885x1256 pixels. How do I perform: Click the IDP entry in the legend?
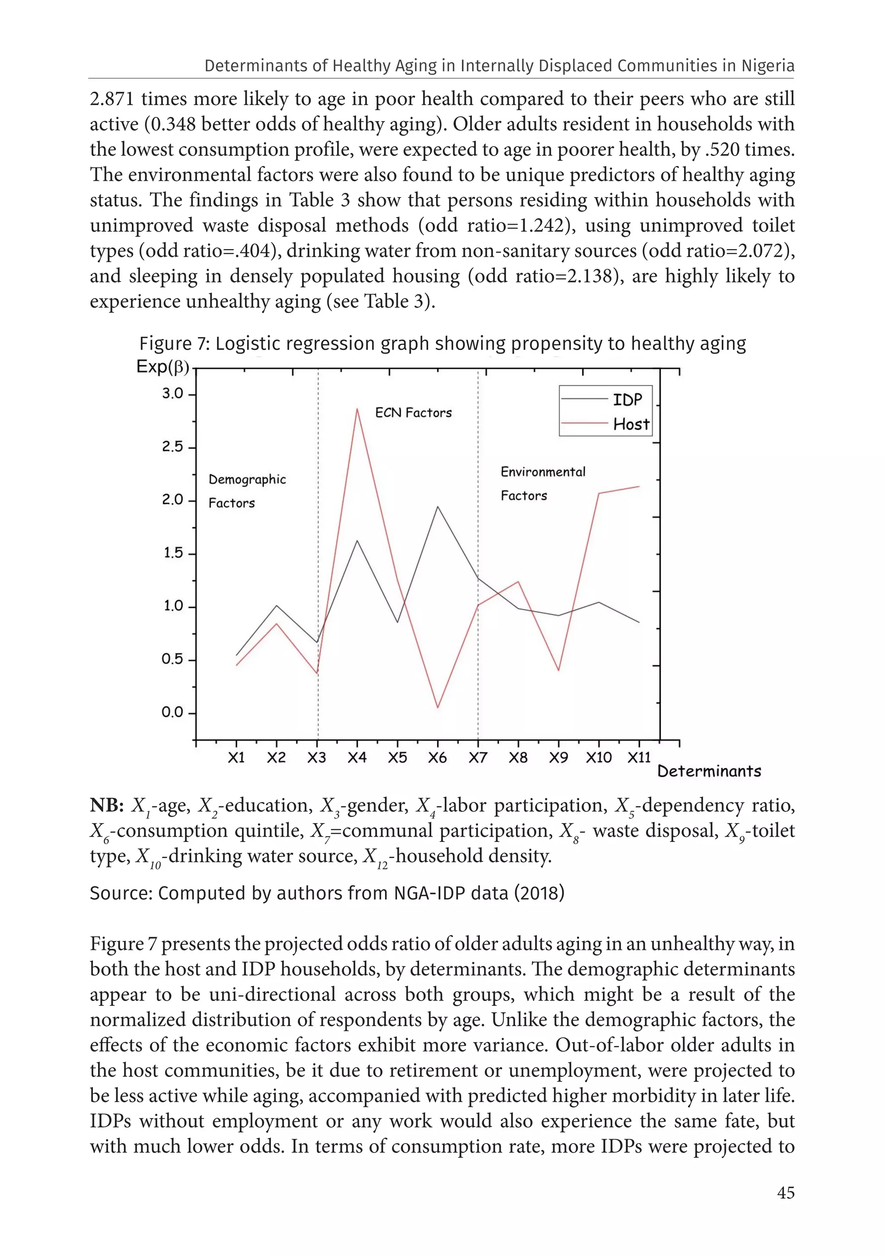627,400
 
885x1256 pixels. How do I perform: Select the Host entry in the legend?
630,424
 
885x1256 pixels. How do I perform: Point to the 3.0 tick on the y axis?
173,394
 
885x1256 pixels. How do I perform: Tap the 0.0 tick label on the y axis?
173,712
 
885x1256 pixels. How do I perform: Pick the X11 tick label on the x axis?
639,758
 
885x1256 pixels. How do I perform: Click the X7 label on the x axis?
478,758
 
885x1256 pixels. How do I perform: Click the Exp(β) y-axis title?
162,367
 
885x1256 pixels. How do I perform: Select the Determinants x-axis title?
709,771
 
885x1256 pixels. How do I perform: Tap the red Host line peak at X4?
357,408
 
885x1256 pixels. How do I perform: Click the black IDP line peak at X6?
438,507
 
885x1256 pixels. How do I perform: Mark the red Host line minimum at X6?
438,708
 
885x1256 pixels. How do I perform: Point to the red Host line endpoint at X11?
639,486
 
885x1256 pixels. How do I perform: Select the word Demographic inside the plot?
247,480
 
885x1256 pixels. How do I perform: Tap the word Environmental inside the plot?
543,472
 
